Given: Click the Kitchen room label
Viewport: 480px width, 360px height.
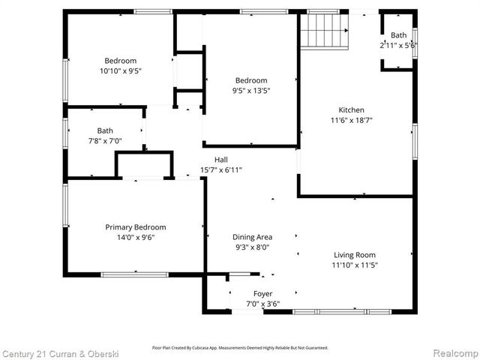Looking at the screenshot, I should coord(351,109).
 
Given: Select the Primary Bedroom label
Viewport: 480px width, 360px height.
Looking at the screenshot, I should coord(136,227).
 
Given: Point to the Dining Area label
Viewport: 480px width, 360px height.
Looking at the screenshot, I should coord(251,237).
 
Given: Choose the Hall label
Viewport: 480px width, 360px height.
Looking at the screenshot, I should coord(221,160).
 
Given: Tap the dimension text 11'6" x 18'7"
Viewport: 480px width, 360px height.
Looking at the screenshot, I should coord(351,120).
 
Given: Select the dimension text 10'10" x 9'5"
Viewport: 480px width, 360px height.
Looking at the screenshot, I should coord(121,71).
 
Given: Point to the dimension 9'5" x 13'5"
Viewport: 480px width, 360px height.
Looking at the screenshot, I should coord(251,91).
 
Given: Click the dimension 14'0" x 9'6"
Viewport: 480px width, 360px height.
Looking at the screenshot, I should coord(136,238).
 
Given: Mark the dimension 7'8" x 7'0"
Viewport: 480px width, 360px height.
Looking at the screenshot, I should coord(105,140).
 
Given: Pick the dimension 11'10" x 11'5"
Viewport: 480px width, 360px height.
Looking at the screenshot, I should coord(355,265).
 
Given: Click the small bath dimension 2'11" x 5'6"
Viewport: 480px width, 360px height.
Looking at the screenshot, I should coord(398,45).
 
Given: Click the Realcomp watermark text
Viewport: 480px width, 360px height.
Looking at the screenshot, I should coord(453,352).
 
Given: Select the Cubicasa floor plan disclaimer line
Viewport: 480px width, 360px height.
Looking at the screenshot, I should coord(240,348).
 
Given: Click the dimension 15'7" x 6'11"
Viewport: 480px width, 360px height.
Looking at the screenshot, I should coord(221,169).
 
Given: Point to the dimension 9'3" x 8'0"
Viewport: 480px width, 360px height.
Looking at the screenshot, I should coord(251,247).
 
